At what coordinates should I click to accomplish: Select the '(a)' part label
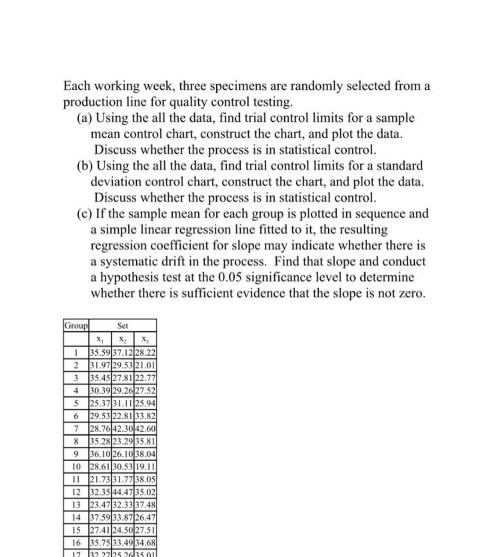85,118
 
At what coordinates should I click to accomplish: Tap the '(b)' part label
85,166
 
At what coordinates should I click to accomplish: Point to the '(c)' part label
85,214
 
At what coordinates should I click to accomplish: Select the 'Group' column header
76,326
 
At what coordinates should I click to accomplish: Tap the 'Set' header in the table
123,326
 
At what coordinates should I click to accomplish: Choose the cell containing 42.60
146,429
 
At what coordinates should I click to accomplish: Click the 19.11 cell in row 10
146,467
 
